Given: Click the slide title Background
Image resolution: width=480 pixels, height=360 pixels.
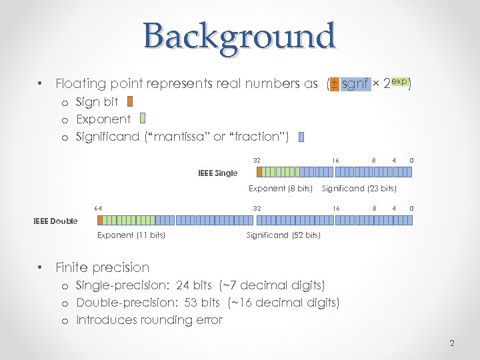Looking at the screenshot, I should point(239,36).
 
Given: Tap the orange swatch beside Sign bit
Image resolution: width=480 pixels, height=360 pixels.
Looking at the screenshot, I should point(130,102).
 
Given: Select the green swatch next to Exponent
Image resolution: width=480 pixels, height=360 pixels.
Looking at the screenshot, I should point(144,119).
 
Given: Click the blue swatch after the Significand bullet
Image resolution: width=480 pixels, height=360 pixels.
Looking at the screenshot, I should point(301,137).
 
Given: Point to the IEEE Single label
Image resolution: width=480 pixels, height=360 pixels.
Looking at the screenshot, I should point(217,173).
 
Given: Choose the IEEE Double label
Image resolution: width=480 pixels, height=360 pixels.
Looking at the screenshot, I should point(55,221).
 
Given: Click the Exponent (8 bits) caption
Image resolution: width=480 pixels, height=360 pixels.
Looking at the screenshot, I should point(281,189).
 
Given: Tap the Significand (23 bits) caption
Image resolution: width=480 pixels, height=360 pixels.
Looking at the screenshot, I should point(359,189).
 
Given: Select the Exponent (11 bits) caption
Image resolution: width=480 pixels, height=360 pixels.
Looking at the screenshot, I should point(131,235).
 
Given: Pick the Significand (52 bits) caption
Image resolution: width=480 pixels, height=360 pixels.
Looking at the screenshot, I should point(283,235).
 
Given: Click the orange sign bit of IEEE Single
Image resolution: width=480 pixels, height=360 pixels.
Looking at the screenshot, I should point(259,171).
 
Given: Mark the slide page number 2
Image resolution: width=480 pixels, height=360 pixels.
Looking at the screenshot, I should point(452,343).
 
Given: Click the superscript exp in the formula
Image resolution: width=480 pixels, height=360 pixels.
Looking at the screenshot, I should point(399,81).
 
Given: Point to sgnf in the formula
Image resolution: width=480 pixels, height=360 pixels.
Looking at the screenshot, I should point(355,85).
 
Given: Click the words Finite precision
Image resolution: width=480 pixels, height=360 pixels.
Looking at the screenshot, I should point(103,267).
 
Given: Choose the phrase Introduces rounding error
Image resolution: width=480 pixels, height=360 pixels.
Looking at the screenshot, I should point(149,320).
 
